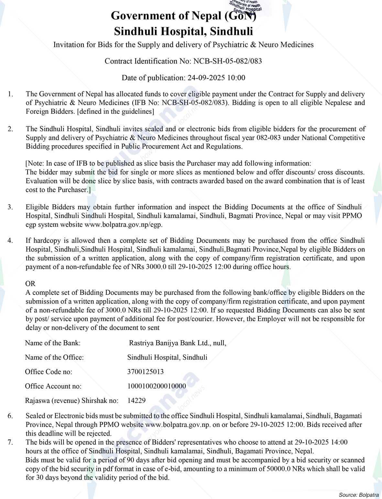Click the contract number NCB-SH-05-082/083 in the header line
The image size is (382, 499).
pyautogui.click(x=227, y=61)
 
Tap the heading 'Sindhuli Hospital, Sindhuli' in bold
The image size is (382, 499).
pyautogui.click(x=183, y=31)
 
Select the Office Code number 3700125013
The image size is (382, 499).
pyautogui.click(x=146, y=372)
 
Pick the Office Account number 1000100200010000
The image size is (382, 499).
pyautogui.click(x=157, y=386)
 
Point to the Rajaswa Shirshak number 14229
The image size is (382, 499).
pyautogui.click(x=136, y=400)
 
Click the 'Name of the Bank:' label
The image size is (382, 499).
pyautogui.click(x=53, y=343)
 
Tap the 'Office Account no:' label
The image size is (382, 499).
pyautogui.click(x=53, y=386)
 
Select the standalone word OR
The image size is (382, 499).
pyautogui.click(x=30, y=284)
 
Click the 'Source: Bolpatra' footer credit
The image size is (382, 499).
pyautogui.click(x=359, y=495)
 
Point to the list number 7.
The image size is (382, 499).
pyautogui.click(x=11, y=442)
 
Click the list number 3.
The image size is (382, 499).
pyautogui.click(x=11, y=207)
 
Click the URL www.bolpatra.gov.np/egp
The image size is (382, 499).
pyautogui.click(x=123, y=224)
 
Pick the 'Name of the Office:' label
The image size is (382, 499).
pyautogui.click(x=54, y=357)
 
